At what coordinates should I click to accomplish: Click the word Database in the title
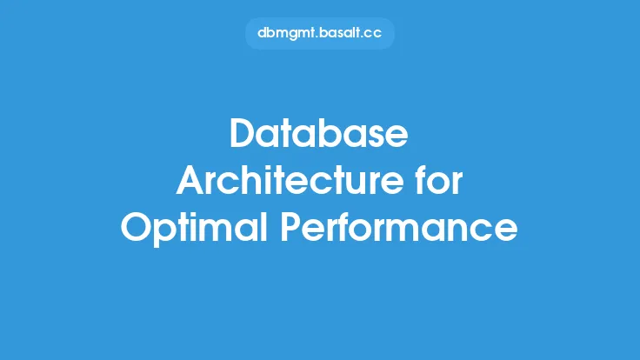(x=319, y=133)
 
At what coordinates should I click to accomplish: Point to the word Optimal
(x=194, y=227)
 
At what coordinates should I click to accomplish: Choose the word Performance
(x=399, y=227)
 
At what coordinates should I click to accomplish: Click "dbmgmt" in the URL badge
(x=287, y=33)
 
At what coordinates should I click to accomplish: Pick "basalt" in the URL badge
(x=339, y=33)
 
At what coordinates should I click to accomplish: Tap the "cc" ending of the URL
(x=372, y=34)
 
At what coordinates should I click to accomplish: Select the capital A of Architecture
(x=190, y=180)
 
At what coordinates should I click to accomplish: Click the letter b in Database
(x=330, y=133)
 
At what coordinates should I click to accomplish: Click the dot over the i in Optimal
(x=204, y=214)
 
